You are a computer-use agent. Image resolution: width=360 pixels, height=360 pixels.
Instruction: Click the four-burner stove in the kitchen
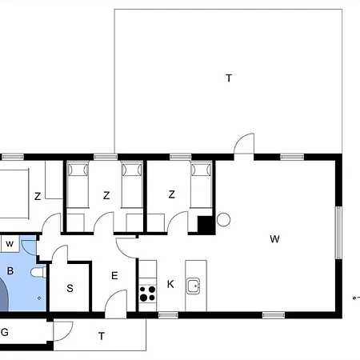coord(147,294)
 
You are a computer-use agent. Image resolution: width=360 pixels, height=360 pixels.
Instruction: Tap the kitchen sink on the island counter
coord(193,286)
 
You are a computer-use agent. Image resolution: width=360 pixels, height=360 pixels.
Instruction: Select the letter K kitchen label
coord(170,284)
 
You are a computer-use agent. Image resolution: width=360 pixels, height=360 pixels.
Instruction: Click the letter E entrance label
coord(114,275)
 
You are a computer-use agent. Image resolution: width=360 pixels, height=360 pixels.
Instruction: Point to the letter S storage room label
coord(70,288)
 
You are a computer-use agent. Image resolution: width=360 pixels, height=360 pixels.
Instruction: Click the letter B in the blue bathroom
coord(10,271)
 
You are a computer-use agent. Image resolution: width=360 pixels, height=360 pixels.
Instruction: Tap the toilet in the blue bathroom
coord(38,272)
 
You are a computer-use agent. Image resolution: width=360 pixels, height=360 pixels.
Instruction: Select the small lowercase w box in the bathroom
coord(10,244)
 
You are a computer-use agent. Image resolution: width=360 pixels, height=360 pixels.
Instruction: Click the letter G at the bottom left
coord(5,332)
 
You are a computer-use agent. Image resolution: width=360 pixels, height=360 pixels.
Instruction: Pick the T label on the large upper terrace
coord(229,78)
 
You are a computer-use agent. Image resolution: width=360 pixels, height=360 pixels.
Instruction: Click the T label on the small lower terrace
coord(102,336)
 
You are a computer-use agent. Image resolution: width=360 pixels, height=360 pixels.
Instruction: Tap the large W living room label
coord(274,239)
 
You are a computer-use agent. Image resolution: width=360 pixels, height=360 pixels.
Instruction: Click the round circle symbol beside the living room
coord(223,220)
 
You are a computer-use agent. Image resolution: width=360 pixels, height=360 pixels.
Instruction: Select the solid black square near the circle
coord(206,226)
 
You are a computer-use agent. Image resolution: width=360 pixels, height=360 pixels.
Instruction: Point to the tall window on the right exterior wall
coord(338,233)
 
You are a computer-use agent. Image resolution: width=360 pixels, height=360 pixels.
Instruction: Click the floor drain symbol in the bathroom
coord(39,298)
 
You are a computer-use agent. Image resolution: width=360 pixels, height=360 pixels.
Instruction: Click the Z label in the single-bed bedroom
coord(172,194)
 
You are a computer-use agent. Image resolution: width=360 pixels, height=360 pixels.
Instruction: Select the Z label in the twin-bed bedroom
coord(106,195)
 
